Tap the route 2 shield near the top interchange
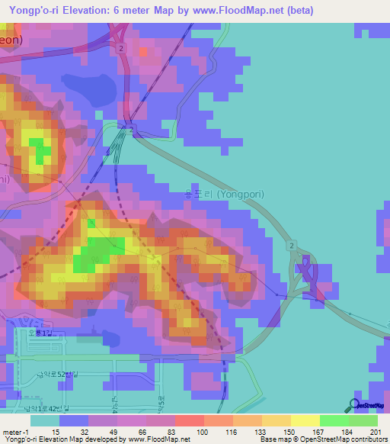click(x=120, y=47)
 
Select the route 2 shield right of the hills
click(x=292, y=245)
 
